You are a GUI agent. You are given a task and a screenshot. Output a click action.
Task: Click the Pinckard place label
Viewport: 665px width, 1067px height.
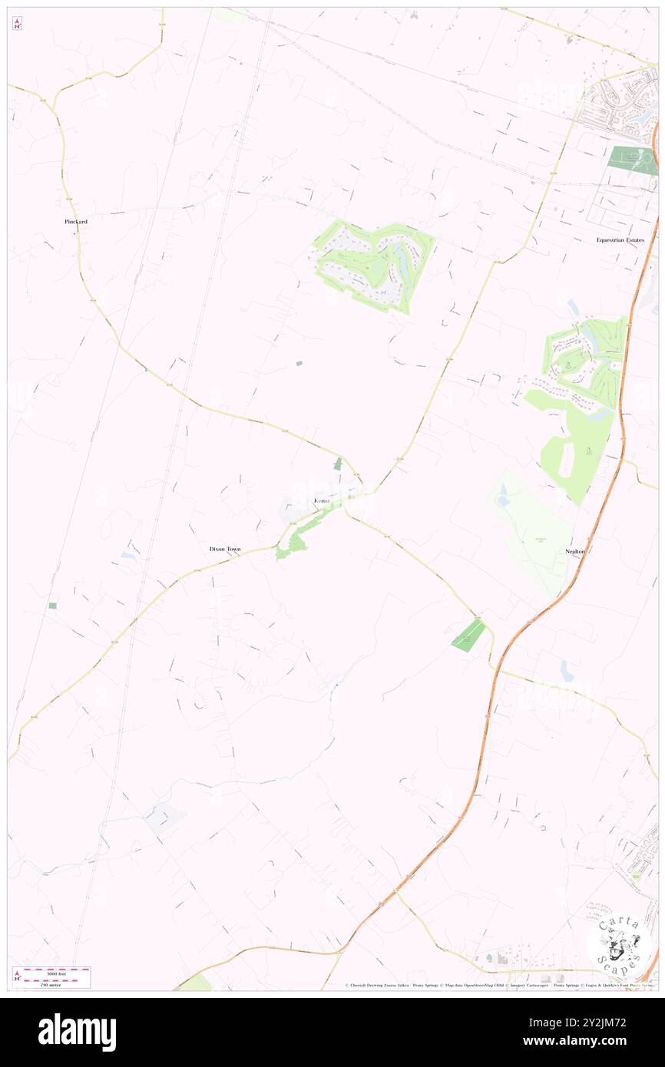coord(76,221)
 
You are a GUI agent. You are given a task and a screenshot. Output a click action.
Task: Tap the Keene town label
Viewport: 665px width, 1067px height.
coord(322,500)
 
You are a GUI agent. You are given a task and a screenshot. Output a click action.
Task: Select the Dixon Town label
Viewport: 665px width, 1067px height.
coord(225,550)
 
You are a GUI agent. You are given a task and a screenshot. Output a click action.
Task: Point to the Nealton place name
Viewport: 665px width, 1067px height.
coord(575,551)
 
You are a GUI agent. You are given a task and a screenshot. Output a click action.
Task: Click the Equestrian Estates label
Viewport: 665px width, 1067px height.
coord(620,240)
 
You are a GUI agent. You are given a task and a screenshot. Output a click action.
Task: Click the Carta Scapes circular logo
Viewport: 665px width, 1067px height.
coord(619,946)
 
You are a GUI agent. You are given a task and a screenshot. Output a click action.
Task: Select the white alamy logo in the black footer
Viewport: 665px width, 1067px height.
coord(77,1032)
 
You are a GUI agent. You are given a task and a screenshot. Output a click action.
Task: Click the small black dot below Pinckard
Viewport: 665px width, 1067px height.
coord(74,232)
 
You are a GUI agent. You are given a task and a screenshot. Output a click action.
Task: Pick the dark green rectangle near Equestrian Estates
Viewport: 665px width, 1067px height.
coord(632,160)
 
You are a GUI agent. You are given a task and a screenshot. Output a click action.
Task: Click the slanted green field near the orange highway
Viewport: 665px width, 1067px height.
coord(469,636)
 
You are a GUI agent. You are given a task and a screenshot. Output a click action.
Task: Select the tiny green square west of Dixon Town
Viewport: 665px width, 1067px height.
coord(52,606)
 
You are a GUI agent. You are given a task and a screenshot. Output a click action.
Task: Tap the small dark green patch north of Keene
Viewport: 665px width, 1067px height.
coord(338,463)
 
